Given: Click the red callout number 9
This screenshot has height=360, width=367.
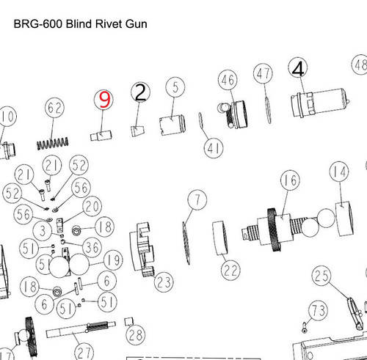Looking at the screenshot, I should point(104,100).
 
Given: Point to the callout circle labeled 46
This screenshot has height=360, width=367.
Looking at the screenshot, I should point(226,79).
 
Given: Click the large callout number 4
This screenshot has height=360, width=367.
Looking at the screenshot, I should point(297,68).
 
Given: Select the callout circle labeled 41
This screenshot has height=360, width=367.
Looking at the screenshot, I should point(214,150).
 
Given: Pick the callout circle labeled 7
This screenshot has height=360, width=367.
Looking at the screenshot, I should point(195,198).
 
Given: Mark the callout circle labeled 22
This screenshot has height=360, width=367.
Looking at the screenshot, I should point(231,270).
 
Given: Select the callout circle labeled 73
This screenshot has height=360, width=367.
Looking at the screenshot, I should point(319,312).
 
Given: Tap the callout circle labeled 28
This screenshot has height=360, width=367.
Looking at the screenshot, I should point(134,336).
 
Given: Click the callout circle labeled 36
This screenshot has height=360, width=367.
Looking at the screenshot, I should point(92,245).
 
